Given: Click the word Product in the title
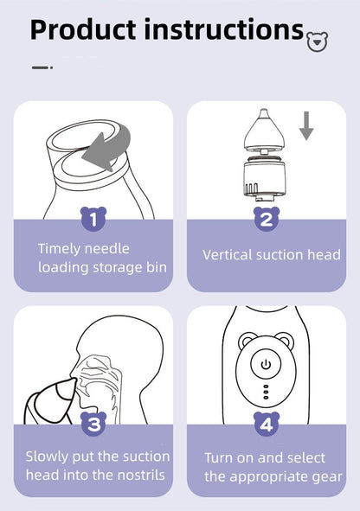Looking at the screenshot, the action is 83,30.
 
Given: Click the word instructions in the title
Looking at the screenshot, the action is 223,30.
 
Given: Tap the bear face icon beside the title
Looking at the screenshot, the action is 318,42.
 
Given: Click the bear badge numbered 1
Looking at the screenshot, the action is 93,219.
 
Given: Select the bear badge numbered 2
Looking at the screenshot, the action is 267,219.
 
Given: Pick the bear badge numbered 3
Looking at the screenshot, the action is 93,424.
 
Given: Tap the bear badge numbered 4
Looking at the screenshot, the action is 267,424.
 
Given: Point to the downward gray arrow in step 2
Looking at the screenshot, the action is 306,125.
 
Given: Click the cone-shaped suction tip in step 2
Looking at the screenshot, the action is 265,131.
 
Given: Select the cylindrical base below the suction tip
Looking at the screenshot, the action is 265,178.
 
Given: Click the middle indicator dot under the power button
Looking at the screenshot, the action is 266,392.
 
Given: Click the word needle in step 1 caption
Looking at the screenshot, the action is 107,249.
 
